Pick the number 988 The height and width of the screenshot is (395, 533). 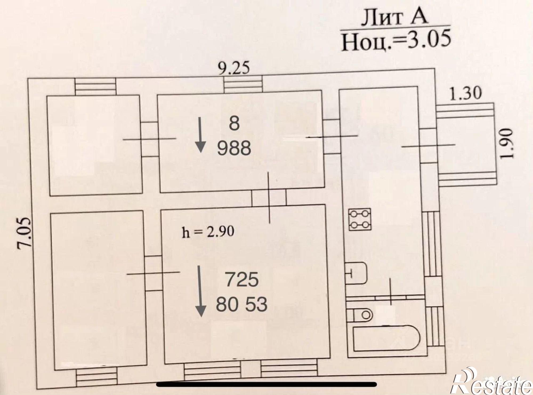[x=234, y=149]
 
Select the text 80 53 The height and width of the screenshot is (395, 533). [x=241, y=304]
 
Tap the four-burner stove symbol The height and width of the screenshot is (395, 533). [x=360, y=219]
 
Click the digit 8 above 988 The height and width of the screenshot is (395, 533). [x=234, y=124]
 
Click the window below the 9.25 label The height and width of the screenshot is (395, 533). [x=243, y=84]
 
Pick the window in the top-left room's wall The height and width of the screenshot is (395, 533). [x=95, y=87]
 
